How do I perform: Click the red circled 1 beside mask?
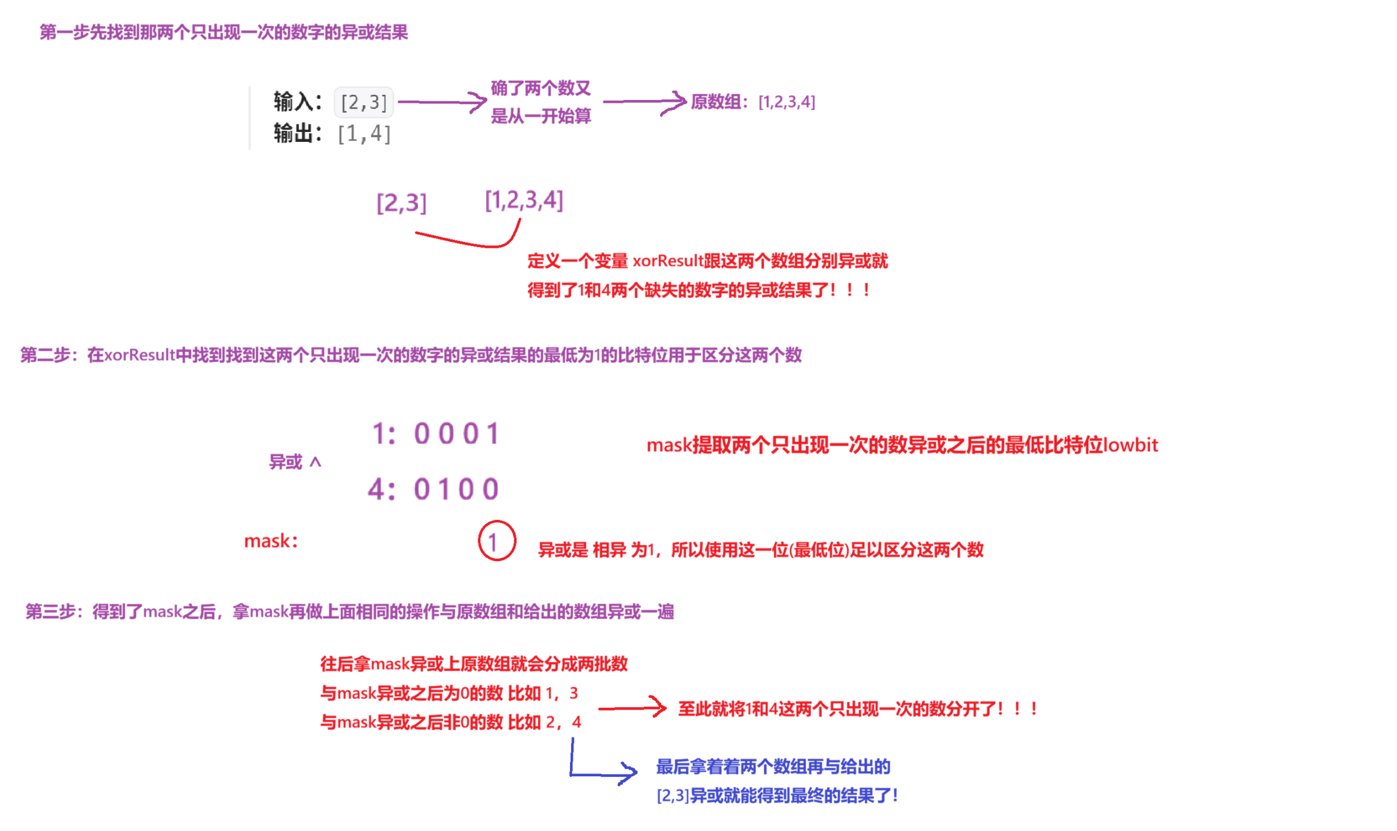pyautogui.click(x=496, y=541)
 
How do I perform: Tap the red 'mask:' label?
pyautogui.click(x=270, y=541)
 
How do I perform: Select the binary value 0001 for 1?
pyautogui.click(x=457, y=433)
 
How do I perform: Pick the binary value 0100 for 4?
pyautogui.click(x=457, y=488)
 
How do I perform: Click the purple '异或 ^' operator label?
pyautogui.click(x=294, y=462)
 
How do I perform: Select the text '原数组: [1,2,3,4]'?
pyautogui.click(x=753, y=102)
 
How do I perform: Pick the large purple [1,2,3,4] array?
pyautogui.click(x=524, y=200)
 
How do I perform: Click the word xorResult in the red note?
pyautogui.click(x=668, y=261)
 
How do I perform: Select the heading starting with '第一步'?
pyautogui.click(x=223, y=32)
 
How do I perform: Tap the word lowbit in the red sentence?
pyautogui.click(x=1130, y=445)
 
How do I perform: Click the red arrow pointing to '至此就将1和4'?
pyautogui.click(x=632, y=708)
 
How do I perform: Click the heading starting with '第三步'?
pyautogui.click(x=349, y=611)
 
